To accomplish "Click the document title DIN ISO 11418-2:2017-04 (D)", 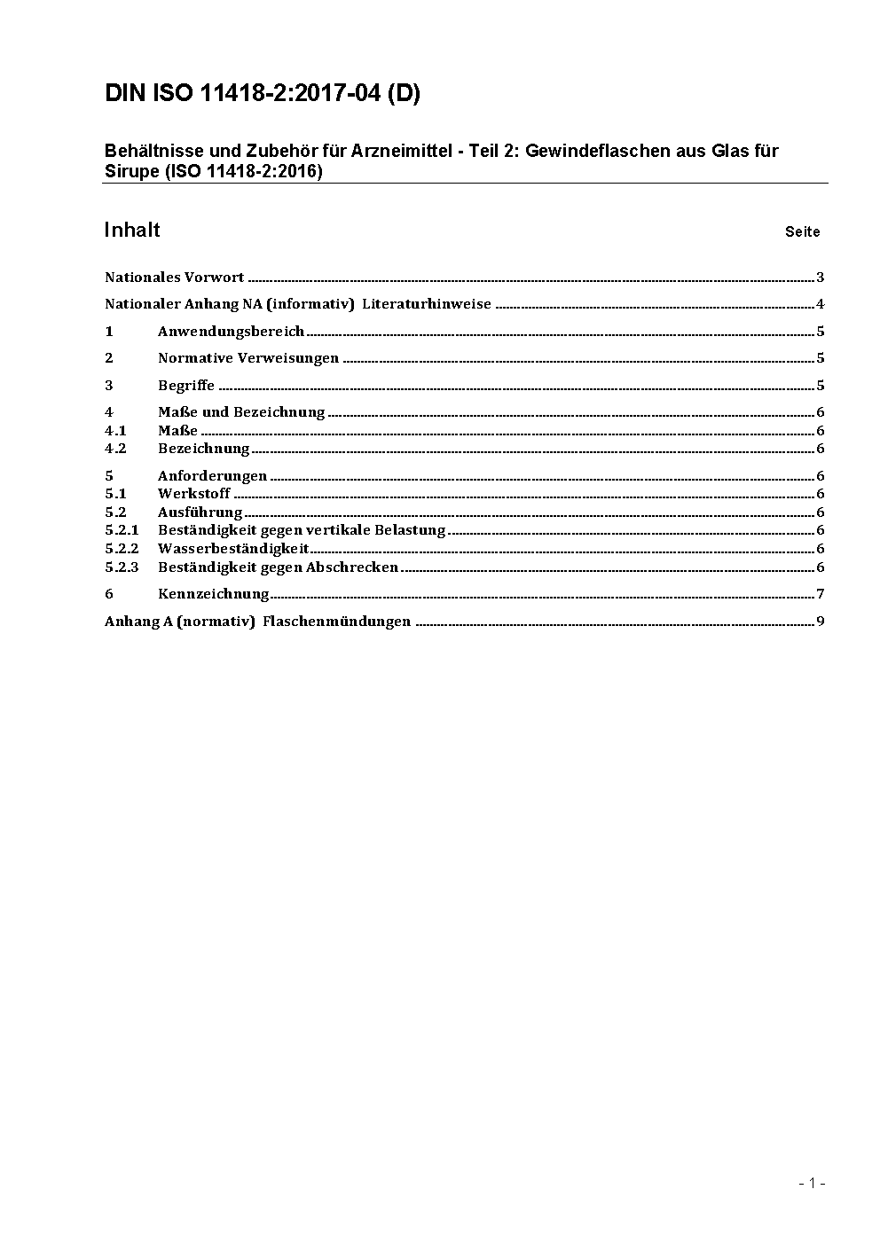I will click(263, 94).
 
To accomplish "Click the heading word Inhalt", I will click(132, 230).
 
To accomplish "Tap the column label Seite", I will click(802, 232).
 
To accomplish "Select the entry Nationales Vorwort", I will click(174, 278).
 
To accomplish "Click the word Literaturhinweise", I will click(426, 304).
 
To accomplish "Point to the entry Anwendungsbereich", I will click(231, 332).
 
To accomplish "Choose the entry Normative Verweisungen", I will click(248, 358).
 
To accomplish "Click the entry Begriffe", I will click(186, 386).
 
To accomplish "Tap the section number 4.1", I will click(115, 431).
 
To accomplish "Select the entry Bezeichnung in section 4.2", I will click(203, 449).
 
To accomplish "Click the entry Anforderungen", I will click(212, 476).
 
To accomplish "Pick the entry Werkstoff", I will click(193, 494).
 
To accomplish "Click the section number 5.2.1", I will click(122, 530).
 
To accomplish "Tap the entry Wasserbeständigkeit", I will click(233, 549).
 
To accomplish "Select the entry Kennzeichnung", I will click(213, 594).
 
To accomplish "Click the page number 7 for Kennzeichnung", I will click(821, 594).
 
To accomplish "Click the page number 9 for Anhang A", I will click(821, 622).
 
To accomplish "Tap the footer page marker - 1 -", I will click(813, 1183).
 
